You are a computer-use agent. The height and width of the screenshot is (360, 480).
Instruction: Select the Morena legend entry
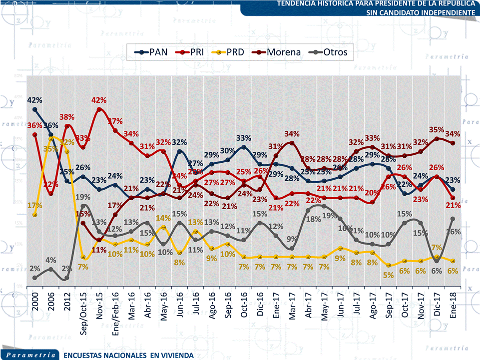point(277,52)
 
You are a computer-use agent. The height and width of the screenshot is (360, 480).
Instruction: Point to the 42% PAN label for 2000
point(34,100)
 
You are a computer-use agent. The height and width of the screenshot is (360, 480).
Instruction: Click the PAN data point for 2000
point(34,109)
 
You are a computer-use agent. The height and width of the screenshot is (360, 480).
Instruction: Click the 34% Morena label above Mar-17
point(292,134)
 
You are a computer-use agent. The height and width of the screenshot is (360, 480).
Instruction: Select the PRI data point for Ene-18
point(453,198)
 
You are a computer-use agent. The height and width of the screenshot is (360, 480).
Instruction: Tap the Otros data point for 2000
point(34,278)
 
